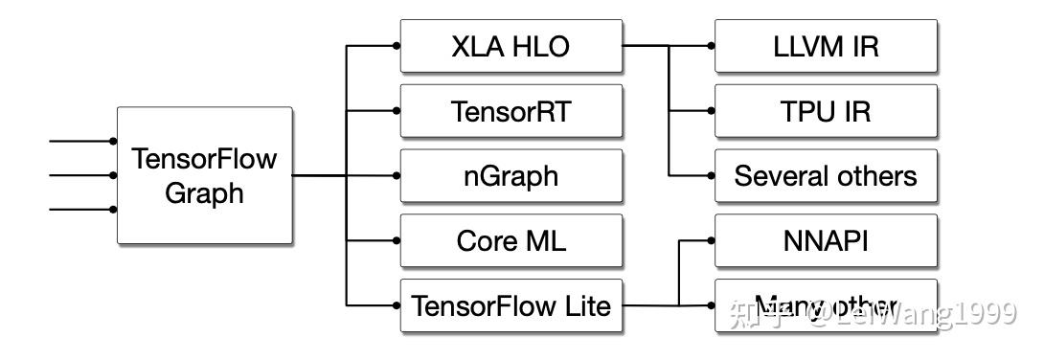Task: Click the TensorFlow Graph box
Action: pyautogui.click(x=204, y=175)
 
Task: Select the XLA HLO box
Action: pyautogui.click(x=511, y=45)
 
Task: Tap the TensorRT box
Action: pyautogui.click(x=511, y=111)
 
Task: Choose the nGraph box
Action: pyautogui.click(x=511, y=176)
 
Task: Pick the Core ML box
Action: pyautogui.click(x=511, y=240)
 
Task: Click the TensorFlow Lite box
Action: pyautogui.click(x=511, y=305)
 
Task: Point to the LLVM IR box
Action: pyautogui.click(x=825, y=45)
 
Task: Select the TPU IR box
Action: pyautogui.click(x=825, y=111)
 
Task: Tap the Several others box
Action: pyautogui.click(x=825, y=176)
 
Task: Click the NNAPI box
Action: pyautogui.click(x=825, y=240)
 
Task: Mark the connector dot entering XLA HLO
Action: pyautogui.click(x=397, y=45)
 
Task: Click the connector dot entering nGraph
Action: pyautogui.click(x=397, y=175)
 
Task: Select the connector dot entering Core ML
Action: pyautogui.click(x=397, y=240)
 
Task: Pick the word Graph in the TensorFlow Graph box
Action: pyautogui.click(x=204, y=192)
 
